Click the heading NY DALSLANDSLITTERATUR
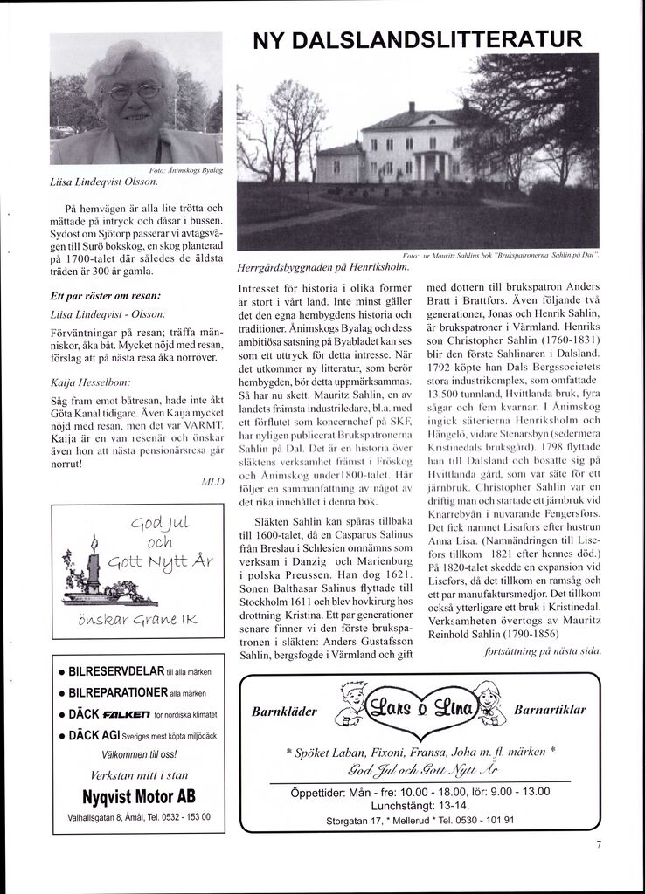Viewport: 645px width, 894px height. point(417,38)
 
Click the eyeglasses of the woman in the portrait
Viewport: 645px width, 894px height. point(132,92)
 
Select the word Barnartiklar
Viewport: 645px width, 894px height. point(550,711)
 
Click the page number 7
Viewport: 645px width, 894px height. point(600,844)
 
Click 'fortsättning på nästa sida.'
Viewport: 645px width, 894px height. point(542,651)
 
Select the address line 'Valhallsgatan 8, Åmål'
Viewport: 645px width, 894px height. point(113,818)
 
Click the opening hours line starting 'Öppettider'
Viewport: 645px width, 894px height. point(420,792)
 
